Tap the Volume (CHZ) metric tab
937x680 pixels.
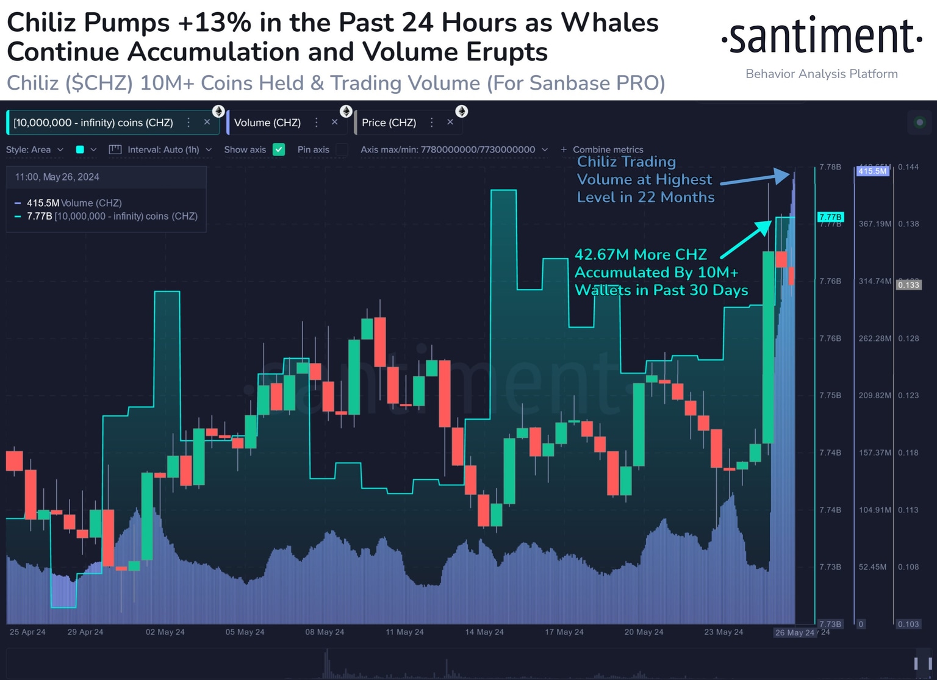pos(267,123)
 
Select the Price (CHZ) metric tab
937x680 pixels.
pos(389,123)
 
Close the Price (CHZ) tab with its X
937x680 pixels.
pos(450,122)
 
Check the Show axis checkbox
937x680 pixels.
pos(279,149)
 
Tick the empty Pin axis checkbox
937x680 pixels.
pos(342,149)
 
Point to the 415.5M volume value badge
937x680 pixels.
pos(872,171)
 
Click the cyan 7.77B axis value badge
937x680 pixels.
pos(830,217)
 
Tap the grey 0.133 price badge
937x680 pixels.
pos(908,285)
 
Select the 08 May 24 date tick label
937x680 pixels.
pos(325,632)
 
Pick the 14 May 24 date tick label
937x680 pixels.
pos(484,632)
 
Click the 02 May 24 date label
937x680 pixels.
pos(165,632)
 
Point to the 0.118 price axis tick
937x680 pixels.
pos(908,453)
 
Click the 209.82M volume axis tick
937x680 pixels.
pos(875,395)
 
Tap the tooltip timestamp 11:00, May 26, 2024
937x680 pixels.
pos(57,177)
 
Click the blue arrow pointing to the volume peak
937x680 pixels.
pos(756,179)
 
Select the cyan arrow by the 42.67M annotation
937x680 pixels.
pos(746,238)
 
